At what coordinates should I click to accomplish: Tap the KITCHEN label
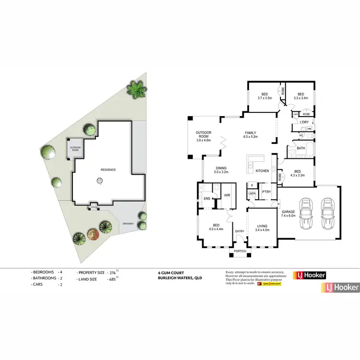point(262,171)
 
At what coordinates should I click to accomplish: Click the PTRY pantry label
point(266,192)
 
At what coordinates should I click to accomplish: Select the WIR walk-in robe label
point(227,195)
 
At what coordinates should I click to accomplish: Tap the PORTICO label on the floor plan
point(240,252)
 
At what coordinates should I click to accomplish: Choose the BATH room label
point(301,148)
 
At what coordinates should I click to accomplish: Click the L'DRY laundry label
point(304,122)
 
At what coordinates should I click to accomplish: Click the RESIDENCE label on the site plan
point(108,170)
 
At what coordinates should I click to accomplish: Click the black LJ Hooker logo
point(310,276)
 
